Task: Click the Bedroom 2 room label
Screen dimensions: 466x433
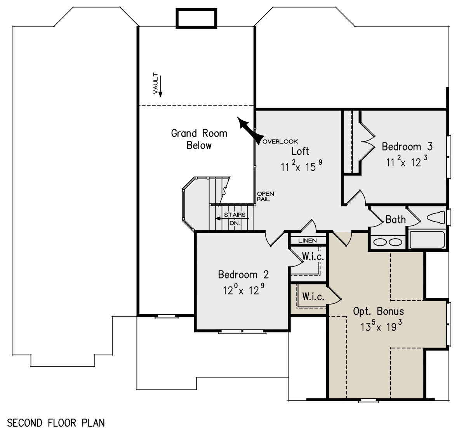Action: pos(243,275)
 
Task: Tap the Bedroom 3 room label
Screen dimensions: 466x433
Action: pos(407,147)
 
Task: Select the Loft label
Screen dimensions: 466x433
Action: pos(300,151)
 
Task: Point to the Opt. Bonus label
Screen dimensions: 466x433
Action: pos(379,312)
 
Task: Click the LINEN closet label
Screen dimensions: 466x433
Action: pos(308,241)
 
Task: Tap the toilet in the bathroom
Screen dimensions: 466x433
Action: pos(436,217)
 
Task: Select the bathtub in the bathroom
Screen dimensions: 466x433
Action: pos(427,240)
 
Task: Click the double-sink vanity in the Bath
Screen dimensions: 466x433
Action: pos(388,242)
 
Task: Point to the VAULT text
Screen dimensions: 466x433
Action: pos(156,83)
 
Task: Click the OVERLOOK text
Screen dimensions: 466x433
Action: pos(280,142)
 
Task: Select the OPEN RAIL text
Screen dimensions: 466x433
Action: pos(265,196)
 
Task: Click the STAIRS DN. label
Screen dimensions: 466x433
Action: pos(235,219)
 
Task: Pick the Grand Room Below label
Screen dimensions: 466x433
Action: pos(199,139)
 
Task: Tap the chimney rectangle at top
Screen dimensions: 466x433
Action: pos(196,18)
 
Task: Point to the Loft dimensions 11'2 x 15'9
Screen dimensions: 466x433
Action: pos(301,166)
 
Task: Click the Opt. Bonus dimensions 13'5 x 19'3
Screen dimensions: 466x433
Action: pos(381,326)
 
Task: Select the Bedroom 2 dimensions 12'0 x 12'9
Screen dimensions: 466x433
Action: pos(243,289)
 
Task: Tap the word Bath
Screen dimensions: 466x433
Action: pos(395,220)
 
